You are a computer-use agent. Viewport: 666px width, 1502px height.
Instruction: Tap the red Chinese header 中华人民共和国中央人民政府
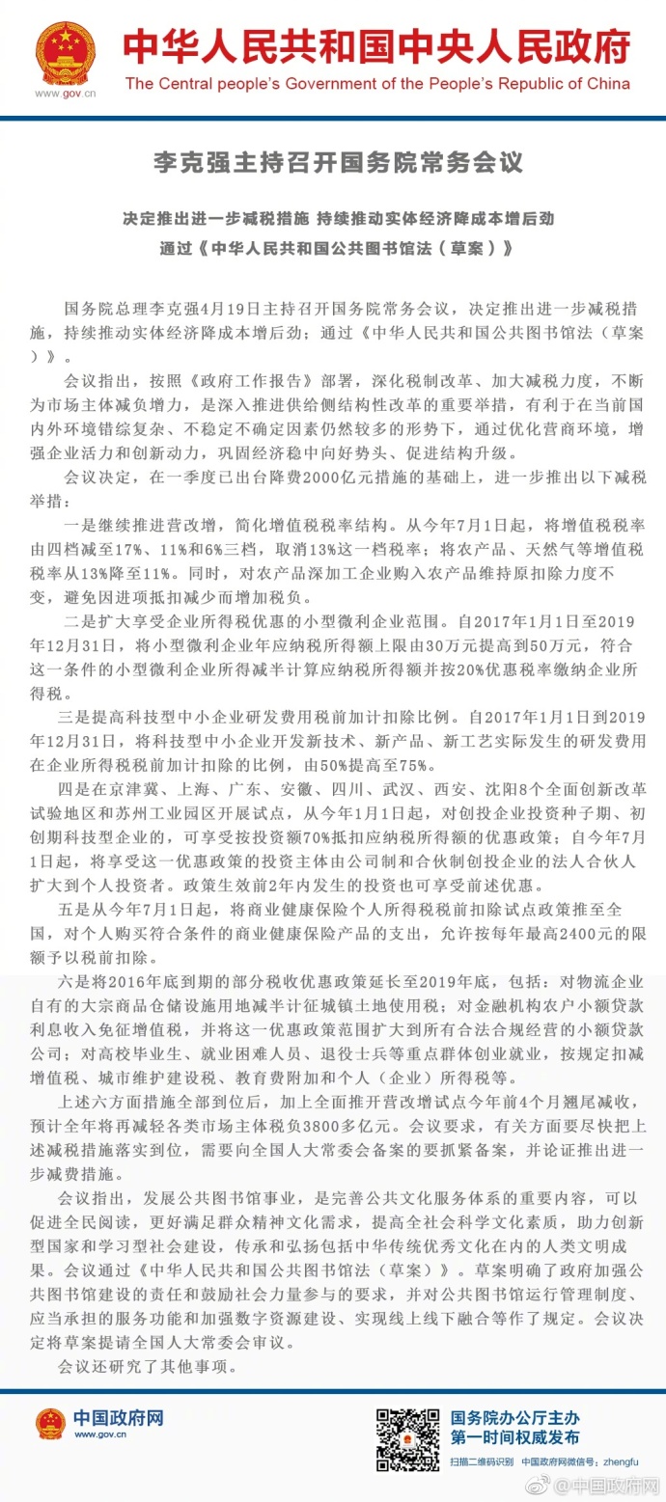pos(376,46)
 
